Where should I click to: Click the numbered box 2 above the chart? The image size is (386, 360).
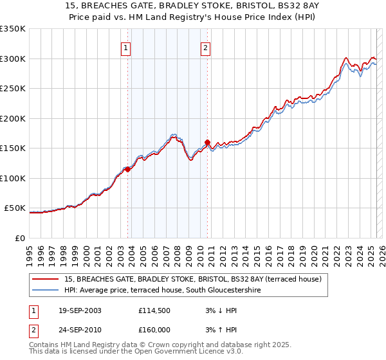[x=205, y=47]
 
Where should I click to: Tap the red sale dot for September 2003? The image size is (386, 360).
[x=128, y=169]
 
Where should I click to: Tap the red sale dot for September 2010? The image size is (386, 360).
[x=208, y=142]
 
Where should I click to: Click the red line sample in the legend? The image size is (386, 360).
[x=46, y=279]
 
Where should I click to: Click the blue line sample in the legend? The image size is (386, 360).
[x=46, y=290]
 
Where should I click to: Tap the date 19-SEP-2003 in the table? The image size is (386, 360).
[x=79, y=310]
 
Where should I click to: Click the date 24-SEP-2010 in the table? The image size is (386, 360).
[x=79, y=330]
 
